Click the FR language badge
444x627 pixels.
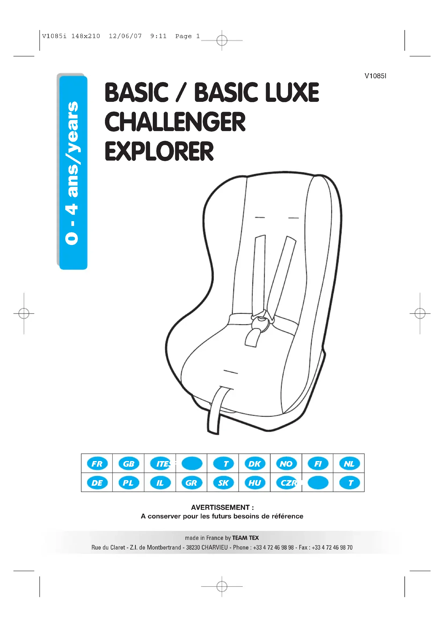(x=97, y=464)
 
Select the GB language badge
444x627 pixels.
(x=129, y=464)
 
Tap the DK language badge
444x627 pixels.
(x=254, y=464)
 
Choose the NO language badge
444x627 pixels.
(x=286, y=464)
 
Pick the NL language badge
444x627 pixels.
(x=349, y=464)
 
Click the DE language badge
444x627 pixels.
(x=97, y=483)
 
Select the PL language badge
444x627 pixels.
(x=129, y=483)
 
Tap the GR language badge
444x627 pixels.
(x=191, y=483)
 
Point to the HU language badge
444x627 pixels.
(x=254, y=483)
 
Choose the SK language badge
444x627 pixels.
(x=223, y=483)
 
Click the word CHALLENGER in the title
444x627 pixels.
(x=175, y=122)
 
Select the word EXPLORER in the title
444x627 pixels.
(x=159, y=151)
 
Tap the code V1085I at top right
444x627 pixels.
(x=375, y=76)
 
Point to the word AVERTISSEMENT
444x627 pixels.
(x=220, y=507)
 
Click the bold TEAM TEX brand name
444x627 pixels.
(x=245, y=538)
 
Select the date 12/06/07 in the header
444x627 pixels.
(x=125, y=36)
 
